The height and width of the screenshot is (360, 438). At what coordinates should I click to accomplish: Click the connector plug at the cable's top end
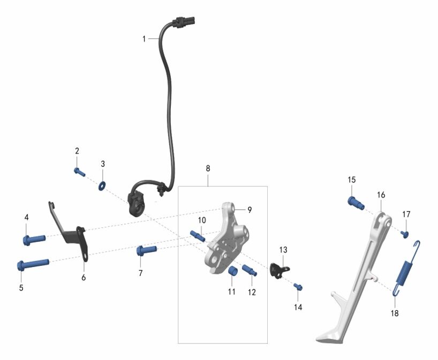[x=184, y=22]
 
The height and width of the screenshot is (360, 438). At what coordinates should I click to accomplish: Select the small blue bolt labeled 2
[x=80, y=172]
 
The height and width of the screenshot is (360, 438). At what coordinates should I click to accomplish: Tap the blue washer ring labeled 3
[x=102, y=185]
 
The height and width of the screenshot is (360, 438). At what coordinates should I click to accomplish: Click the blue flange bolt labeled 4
[x=34, y=240]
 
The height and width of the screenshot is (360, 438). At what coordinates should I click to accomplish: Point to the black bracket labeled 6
[x=70, y=233]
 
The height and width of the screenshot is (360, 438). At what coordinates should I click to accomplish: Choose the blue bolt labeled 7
[x=146, y=250]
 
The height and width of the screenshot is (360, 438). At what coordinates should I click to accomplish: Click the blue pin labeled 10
[x=198, y=236]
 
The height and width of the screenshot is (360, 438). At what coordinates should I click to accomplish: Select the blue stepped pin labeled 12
[x=250, y=270]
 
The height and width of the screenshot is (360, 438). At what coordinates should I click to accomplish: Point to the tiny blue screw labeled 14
[x=298, y=286]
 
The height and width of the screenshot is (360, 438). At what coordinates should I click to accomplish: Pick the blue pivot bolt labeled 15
[x=356, y=202]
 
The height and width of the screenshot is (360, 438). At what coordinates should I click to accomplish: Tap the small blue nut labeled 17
[x=405, y=234]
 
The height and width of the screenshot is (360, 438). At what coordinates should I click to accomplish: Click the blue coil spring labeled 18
[x=406, y=268]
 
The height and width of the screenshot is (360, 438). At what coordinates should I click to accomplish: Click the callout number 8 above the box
[x=208, y=168]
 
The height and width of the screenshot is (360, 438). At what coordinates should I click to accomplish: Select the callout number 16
[x=381, y=195]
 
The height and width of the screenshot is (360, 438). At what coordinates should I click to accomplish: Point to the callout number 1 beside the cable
[x=144, y=39]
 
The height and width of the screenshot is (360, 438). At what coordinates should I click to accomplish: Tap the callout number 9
[x=250, y=210]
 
